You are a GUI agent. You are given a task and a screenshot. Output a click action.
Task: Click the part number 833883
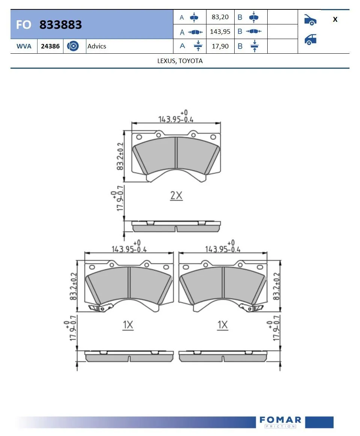point(60,25)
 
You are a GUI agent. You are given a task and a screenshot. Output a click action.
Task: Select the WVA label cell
point(24,46)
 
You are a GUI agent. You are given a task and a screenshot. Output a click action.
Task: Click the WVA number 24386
point(50,46)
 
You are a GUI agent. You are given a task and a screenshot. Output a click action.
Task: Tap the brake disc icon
point(73,46)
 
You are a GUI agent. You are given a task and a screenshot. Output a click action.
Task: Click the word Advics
point(97,46)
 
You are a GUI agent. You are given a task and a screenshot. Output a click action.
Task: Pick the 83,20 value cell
point(220,17)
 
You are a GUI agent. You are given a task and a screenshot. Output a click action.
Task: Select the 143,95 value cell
point(220,32)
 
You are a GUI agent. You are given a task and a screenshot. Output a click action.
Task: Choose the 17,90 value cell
point(220,46)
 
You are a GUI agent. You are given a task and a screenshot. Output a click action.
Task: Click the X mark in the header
point(335,20)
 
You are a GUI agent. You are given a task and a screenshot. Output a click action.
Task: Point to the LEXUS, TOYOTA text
point(180,61)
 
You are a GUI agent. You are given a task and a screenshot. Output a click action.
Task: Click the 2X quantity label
point(176,195)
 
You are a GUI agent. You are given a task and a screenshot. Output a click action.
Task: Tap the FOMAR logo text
point(280,419)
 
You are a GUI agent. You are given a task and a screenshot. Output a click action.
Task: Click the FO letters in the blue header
point(23,25)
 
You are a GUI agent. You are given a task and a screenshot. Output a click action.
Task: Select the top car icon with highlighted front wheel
point(310,20)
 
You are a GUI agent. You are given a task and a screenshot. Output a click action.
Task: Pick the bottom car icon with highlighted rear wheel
point(310,39)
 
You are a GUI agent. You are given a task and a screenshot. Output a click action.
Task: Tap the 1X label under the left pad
point(128,325)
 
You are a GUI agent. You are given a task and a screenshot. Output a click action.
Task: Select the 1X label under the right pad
point(223,325)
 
